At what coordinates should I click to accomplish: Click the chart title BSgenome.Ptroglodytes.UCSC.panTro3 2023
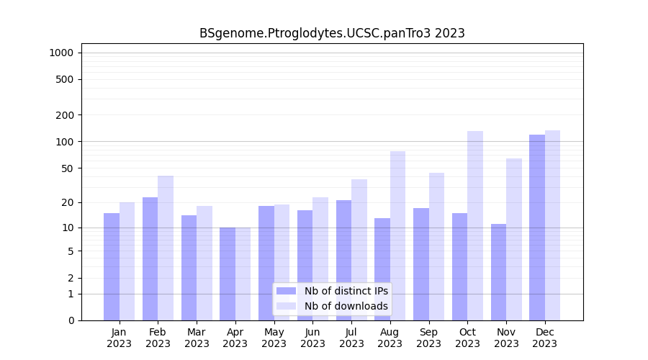(332, 33)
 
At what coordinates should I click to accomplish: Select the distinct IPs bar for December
(537, 228)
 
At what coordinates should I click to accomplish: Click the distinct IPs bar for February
(150, 258)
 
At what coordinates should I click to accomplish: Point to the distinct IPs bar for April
(228, 274)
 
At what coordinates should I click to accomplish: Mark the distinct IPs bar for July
(343, 260)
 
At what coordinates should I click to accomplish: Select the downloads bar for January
(127, 261)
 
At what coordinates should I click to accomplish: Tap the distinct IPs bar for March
(189, 267)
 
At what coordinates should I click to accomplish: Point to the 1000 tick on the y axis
(61, 53)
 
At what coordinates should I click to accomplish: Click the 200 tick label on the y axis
(65, 115)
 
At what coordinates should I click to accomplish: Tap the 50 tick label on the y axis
(67, 168)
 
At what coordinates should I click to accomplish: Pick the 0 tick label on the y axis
(71, 320)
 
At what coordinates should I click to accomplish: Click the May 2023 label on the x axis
(274, 338)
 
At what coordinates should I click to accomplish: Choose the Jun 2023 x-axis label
(312, 338)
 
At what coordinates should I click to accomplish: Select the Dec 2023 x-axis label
(545, 338)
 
